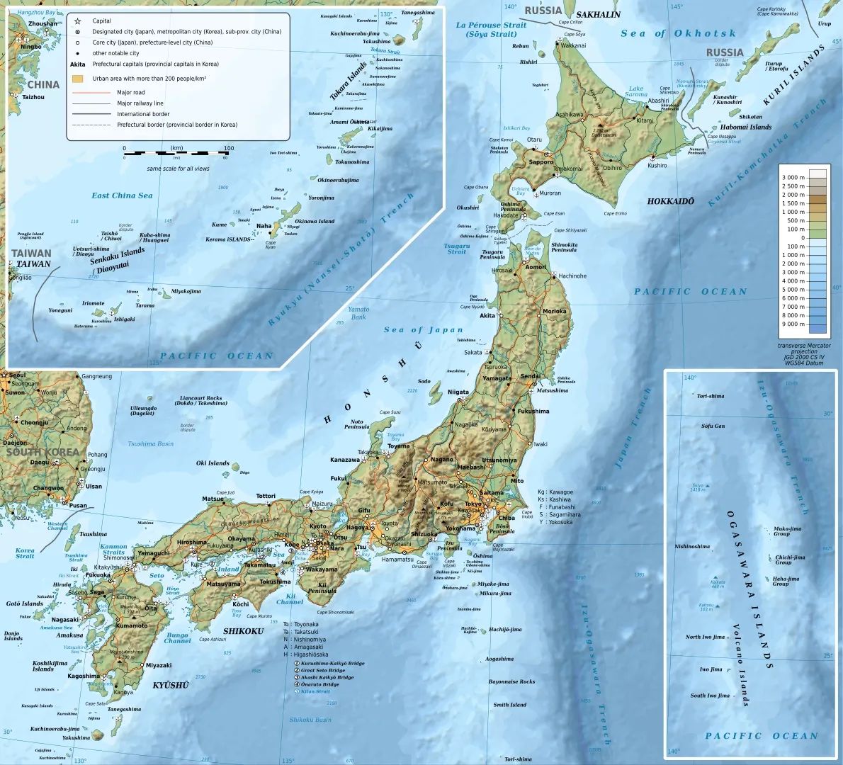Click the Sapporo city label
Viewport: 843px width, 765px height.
point(541,162)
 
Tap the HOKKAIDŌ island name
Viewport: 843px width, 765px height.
point(670,201)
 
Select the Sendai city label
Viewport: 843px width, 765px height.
point(530,376)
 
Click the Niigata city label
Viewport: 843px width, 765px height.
point(458,392)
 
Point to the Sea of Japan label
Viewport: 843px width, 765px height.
point(423,329)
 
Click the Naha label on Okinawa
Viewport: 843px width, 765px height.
point(264,227)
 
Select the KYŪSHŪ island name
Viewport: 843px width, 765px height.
point(171,685)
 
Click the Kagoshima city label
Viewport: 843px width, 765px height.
point(84,676)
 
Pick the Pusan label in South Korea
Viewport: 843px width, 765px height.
point(78,506)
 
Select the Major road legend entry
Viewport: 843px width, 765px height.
point(131,92)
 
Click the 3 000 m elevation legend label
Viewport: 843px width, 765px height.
point(793,177)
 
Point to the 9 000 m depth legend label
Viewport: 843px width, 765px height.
point(793,324)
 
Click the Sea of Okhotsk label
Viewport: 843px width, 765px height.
point(678,33)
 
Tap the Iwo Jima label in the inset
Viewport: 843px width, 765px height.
point(711,669)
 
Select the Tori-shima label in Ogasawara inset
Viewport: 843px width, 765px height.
point(711,396)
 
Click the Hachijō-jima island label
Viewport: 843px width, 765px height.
point(504,629)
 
